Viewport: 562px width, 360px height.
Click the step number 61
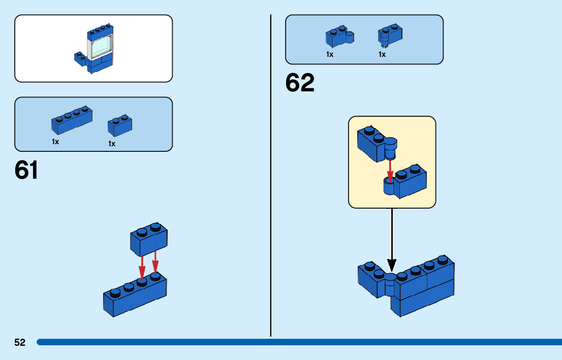[26, 171]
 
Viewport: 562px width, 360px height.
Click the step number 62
[300, 83]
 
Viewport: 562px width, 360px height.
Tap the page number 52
[20, 343]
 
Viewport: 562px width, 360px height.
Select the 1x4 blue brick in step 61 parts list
[72, 120]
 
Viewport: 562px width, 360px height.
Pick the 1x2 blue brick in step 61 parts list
[120, 126]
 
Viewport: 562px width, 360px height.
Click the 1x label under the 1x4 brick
[55, 142]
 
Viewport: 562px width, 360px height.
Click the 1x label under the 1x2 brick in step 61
[112, 144]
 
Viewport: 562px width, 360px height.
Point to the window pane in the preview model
[101, 47]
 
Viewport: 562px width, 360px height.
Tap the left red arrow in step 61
[142, 265]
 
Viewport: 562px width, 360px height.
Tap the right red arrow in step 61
[155, 262]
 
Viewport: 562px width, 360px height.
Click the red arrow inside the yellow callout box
[390, 170]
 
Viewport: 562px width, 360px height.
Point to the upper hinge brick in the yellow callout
[376, 143]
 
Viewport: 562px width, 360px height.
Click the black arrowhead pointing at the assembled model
[391, 265]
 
